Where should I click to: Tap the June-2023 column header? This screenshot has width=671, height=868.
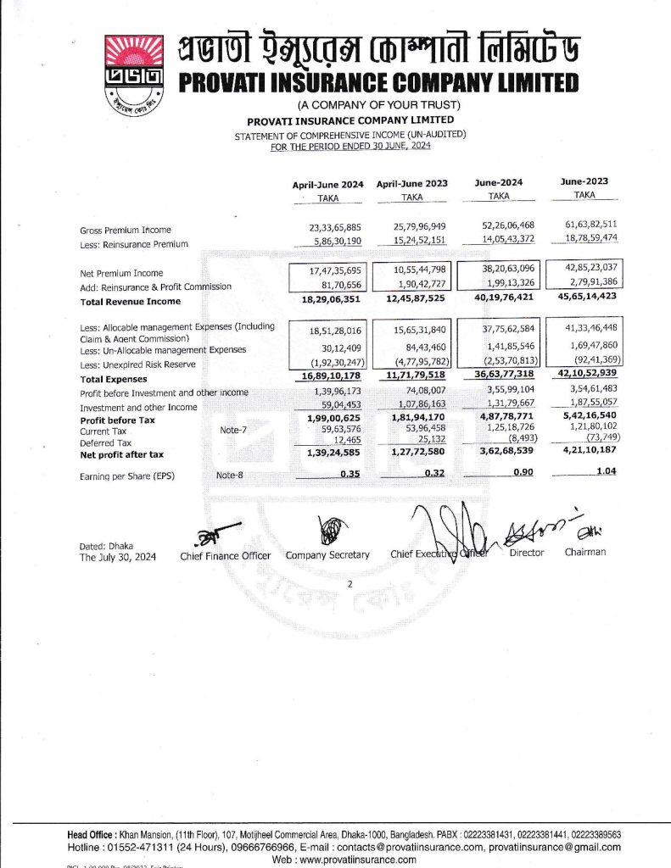(x=585, y=182)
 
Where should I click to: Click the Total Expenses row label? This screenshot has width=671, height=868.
(x=113, y=379)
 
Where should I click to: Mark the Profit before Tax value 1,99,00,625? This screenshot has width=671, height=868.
(x=327, y=420)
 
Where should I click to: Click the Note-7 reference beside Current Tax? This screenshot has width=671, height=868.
(x=233, y=431)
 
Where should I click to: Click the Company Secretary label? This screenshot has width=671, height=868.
(x=327, y=555)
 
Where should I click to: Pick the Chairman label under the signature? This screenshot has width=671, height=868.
(x=585, y=552)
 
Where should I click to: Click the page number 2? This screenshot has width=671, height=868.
(x=349, y=585)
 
